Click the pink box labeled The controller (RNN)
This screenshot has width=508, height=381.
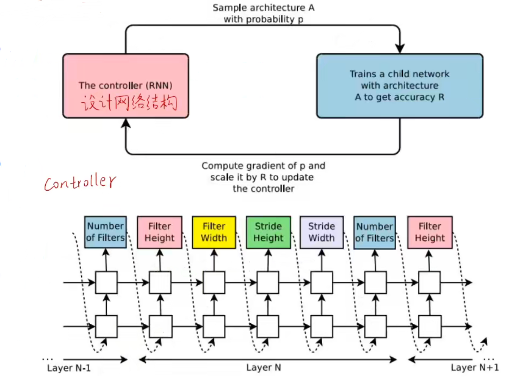coord(125,86)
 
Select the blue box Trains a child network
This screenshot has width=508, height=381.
coord(399,86)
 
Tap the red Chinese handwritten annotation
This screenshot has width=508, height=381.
coord(129,104)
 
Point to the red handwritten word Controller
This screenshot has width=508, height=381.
coord(80,183)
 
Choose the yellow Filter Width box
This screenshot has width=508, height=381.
coord(214,232)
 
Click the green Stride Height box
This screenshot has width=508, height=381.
coord(268,232)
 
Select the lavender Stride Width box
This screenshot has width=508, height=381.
coord(321,232)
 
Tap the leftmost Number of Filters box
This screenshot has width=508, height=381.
coord(106,232)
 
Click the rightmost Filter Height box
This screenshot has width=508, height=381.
coord(430,232)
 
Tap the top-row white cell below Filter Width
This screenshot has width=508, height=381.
coord(214,282)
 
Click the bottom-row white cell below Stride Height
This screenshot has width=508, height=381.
coord(268,326)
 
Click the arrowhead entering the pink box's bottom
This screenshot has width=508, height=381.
coord(126,123)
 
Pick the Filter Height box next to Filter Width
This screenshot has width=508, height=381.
coord(160,232)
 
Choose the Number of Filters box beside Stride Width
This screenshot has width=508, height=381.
coord(375,232)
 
